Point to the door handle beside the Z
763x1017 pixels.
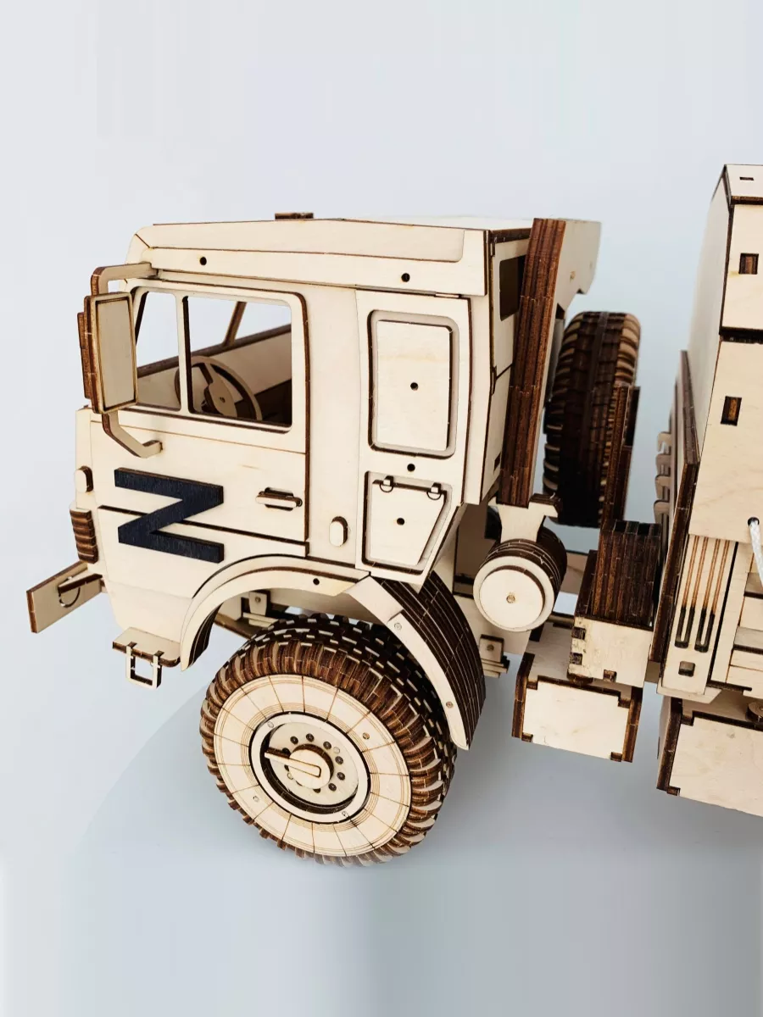click(278, 499)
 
